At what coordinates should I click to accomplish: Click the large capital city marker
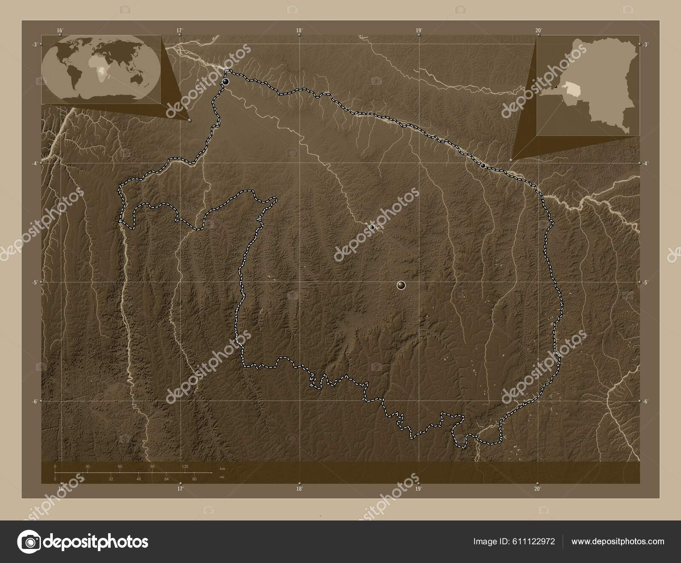pyautogui.click(x=401, y=285)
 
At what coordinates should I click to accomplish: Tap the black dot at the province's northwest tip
pyautogui.click(x=226, y=81)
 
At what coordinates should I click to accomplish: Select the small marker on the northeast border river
pyautogui.click(x=483, y=165)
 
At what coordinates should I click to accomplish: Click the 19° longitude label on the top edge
pyautogui.click(x=419, y=30)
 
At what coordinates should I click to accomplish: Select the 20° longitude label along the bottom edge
pyautogui.click(x=538, y=489)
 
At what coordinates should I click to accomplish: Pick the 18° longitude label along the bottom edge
pyautogui.click(x=299, y=489)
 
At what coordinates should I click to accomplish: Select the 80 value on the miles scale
pyautogui.click(x=194, y=479)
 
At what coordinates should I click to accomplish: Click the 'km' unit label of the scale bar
pyautogui.click(x=222, y=468)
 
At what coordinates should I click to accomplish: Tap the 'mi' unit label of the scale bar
pyautogui.click(x=222, y=477)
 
